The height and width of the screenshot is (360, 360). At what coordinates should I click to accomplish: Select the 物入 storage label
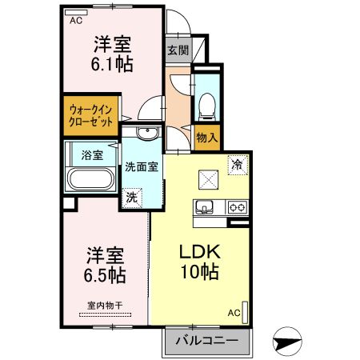pos(207,138)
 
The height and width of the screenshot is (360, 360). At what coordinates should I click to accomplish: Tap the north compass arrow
pos(287,343)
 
